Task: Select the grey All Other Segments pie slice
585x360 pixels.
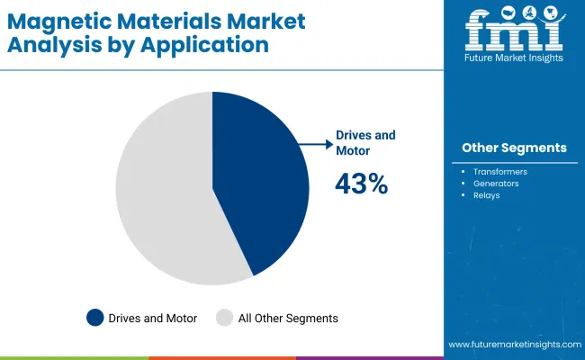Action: pos(162,193)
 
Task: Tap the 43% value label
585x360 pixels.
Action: pos(361,184)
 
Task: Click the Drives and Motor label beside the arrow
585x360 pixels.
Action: pos(364,142)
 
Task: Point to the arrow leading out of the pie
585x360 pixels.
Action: pos(315,142)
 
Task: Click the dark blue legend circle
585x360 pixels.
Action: pos(94,318)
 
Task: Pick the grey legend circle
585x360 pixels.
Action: pos(225,318)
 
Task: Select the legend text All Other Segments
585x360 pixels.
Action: pos(287,318)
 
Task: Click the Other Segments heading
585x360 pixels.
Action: pos(514,148)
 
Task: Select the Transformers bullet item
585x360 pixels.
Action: pos(500,171)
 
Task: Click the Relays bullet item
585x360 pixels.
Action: pos(487,194)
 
